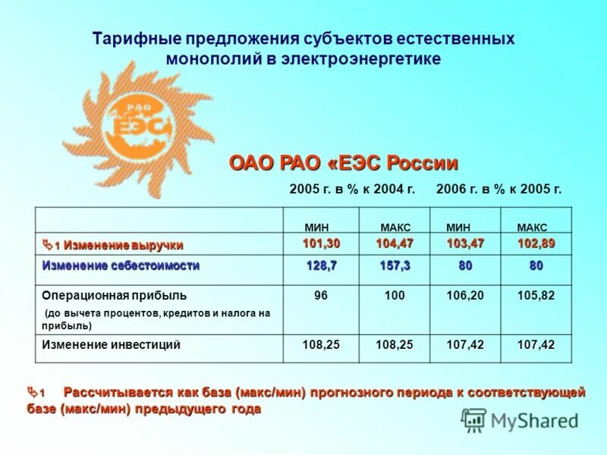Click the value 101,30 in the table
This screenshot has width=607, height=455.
321,243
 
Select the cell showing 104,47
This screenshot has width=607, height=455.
395,243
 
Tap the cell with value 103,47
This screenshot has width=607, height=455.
465,243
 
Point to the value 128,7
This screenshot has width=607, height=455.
321,266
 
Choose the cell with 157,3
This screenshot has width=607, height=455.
395,266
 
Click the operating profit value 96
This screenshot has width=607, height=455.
321,295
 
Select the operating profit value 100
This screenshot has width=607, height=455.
395,295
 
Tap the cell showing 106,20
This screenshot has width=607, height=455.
465,295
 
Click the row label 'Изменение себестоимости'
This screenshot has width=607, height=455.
121,266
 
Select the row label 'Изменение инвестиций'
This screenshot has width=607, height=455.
111,345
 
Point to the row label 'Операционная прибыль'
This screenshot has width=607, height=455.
115,295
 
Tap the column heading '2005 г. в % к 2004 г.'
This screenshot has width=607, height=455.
352,190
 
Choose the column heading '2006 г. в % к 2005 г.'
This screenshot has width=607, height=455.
499,190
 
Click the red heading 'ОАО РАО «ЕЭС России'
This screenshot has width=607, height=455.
344,163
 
